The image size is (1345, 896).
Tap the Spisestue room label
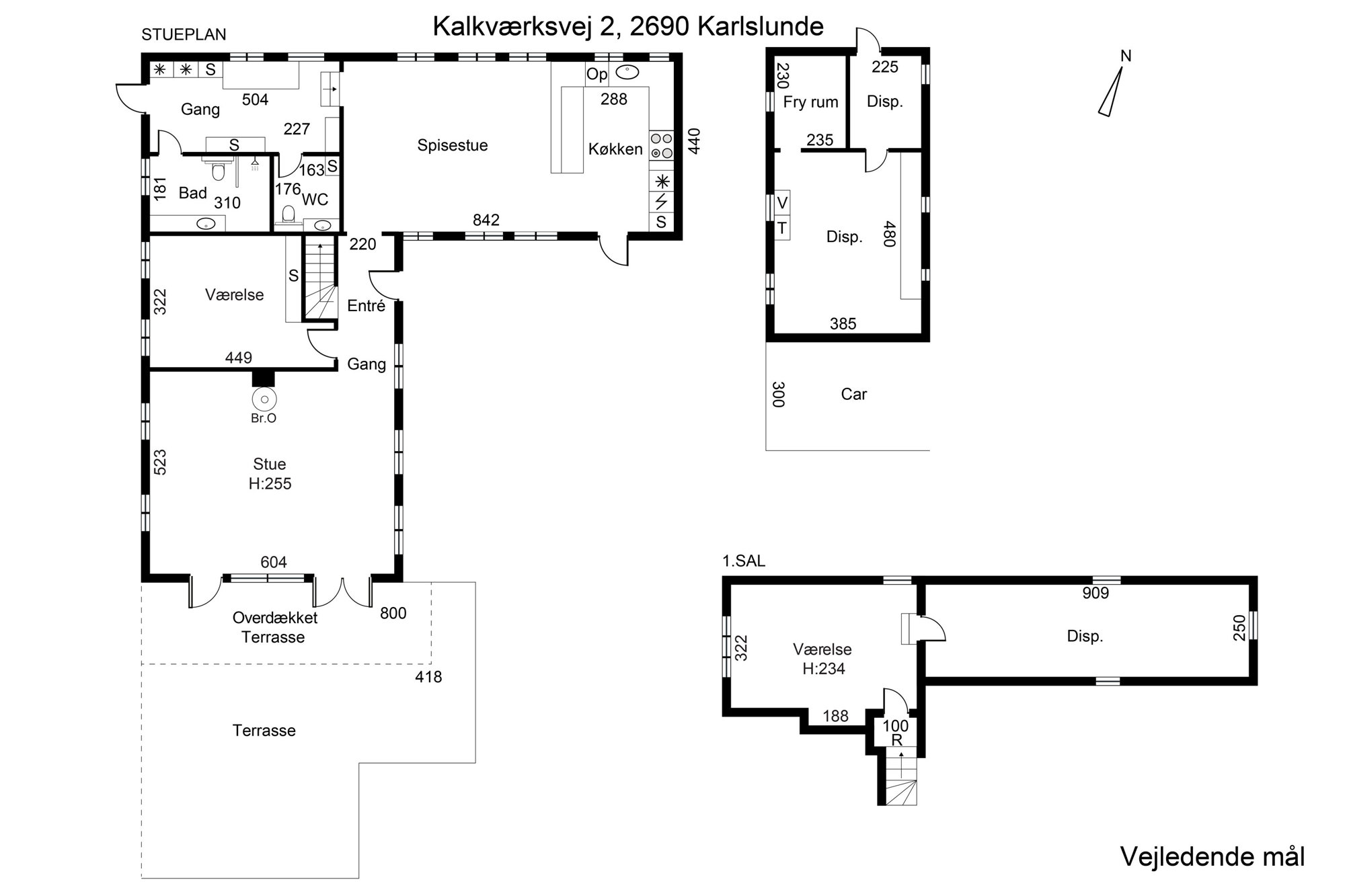click(453, 145)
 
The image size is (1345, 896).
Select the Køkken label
click(615, 149)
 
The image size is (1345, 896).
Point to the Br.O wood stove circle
click(264, 399)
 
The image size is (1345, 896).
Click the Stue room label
click(270, 464)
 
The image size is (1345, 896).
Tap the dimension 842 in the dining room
click(486, 220)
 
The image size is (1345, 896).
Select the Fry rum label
click(811, 102)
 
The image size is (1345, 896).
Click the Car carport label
click(854, 394)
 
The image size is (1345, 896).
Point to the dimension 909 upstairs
click(1096, 593)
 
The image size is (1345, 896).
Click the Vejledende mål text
click(1213, 857)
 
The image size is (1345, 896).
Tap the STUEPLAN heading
click(184, 35)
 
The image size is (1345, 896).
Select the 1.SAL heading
click(744, 561)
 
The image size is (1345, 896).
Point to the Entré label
click(367, 306)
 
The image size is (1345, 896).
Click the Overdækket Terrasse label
click(274, 627)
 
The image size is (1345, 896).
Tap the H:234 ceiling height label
click(824, 669)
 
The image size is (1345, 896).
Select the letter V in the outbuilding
click(781, 202)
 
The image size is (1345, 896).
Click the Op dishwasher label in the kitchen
click(597, 75)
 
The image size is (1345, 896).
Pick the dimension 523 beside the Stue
click(160, 462)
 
